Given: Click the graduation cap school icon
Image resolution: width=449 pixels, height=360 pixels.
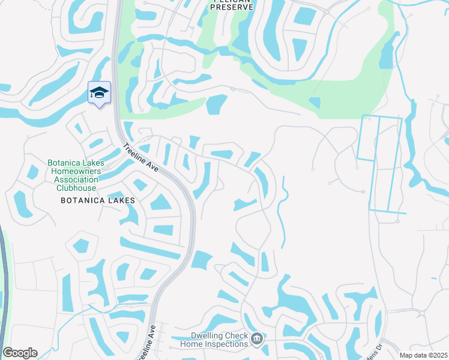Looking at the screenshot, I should point(99,92).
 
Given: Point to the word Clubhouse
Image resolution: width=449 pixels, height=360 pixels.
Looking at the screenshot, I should point(77,188).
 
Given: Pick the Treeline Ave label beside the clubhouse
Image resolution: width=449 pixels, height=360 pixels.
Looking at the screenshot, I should point(140,158).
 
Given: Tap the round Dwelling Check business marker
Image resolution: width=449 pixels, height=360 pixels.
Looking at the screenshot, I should point(256,340).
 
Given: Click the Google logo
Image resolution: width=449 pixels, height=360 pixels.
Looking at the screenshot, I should point(20,353).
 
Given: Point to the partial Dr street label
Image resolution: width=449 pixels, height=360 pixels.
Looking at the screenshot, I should point(379,346).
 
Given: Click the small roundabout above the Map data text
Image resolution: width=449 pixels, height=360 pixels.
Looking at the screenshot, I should point(421,313).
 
